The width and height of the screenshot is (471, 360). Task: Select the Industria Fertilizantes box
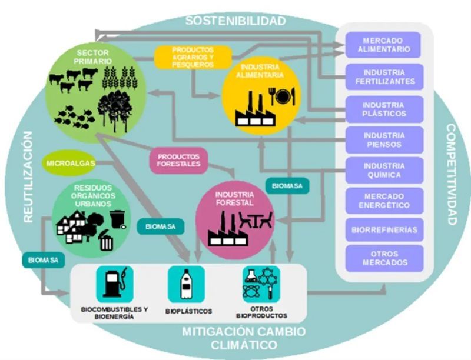[x=383, y=76]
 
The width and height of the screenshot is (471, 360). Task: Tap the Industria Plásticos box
[x=383, y=109]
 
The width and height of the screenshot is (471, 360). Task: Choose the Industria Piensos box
[x=383, y=139]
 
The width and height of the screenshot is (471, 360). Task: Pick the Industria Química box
[x=383, y=170]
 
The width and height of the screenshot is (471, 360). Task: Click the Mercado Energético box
[x=383, y=201]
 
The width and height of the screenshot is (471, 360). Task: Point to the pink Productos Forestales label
[x=178, y=160]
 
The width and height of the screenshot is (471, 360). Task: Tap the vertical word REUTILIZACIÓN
[x=26, y=176]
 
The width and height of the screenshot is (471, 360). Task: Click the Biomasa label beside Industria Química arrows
[x=287, y=186]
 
